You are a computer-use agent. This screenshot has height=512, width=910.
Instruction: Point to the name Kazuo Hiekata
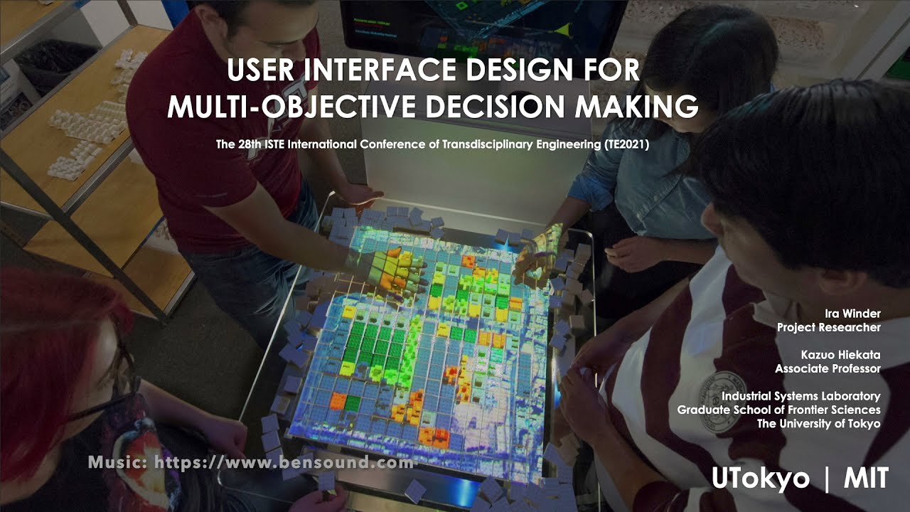click(x=840, y=354)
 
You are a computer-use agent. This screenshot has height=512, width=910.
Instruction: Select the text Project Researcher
click(x=829, y=327)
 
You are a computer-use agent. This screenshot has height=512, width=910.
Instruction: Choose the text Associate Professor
click(x=828, y=368)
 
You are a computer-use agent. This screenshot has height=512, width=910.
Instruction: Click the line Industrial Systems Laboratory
click(x=801, y=396)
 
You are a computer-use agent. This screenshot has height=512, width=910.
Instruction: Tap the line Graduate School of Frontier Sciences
click(x=778, y=410)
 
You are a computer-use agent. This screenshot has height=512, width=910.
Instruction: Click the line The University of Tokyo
click(x=818, y=424)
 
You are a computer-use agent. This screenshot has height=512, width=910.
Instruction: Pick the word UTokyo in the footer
click(x=761, y=479)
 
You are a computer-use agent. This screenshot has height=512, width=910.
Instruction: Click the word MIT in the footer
click(x=866, y=479)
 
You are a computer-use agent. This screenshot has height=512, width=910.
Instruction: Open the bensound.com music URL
click(x=284, y=463)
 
